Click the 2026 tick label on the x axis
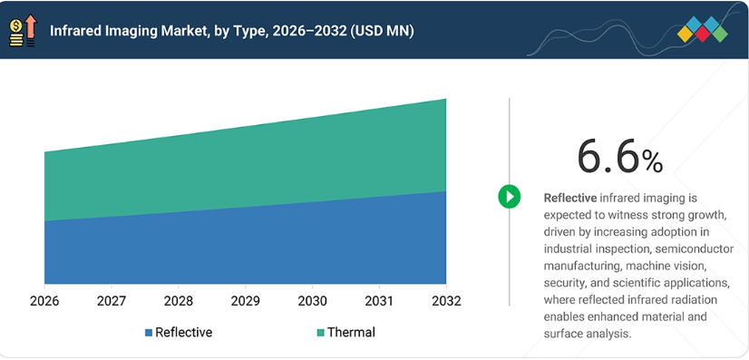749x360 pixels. point(44,301)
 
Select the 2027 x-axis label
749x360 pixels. point(112,301)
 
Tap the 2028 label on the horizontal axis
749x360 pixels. point(179,301)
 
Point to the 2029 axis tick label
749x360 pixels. point(246,301)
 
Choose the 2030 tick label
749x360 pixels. point(313,301)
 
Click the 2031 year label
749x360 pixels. point(379,301)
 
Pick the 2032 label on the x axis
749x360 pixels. point(446,301)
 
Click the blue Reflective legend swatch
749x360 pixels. point(149,332)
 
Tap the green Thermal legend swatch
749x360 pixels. point(320,332)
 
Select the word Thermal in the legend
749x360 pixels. point(352,332)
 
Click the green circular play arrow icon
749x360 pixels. point(510,196)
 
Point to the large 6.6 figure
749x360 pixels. point(608,157)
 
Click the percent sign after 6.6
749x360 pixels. point(652,162)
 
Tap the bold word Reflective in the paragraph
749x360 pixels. point(570,198)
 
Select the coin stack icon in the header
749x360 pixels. point(15,33)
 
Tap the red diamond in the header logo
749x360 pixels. point(702,34)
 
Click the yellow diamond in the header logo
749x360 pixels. point(686,34)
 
